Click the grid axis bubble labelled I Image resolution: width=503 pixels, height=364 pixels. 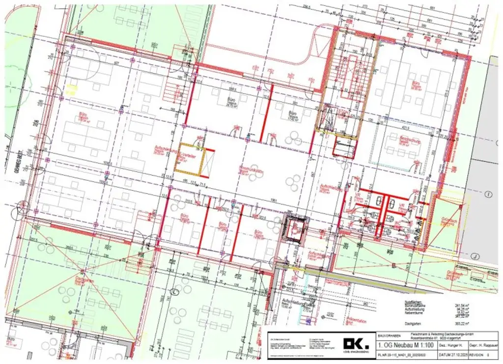point(488,195)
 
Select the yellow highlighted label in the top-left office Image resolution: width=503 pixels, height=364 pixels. point(72,89)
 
